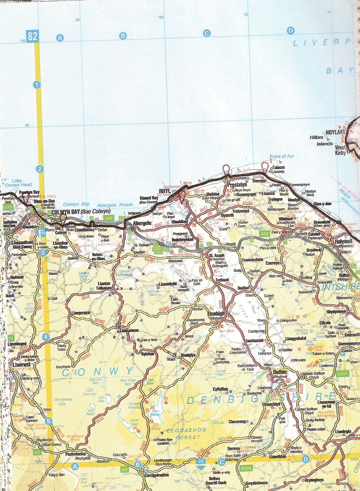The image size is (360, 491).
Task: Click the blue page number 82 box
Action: tap(32, 36)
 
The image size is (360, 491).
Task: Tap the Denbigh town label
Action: tap(216, 314)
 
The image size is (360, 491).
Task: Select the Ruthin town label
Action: tap(280, 372)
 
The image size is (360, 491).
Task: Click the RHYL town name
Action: tap(165, 191)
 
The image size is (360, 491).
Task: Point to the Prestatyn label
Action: tap(237, 185)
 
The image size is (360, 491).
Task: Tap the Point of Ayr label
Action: tap(282, 156)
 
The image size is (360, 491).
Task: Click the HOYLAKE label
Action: tap(335, 132)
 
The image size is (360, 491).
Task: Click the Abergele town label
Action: tap(142, 223)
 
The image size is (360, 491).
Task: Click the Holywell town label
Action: tap(343, 242)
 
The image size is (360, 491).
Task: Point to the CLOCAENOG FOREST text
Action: tap(187, 433)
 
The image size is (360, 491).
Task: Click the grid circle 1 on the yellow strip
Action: tap(37, 85)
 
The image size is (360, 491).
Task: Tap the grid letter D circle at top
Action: tap(290, 30)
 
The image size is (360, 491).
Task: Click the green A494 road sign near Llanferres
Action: tap(342, 373)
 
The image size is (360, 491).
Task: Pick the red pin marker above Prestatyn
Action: tap(226, 169)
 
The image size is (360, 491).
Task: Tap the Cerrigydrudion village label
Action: tap(157, 475)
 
